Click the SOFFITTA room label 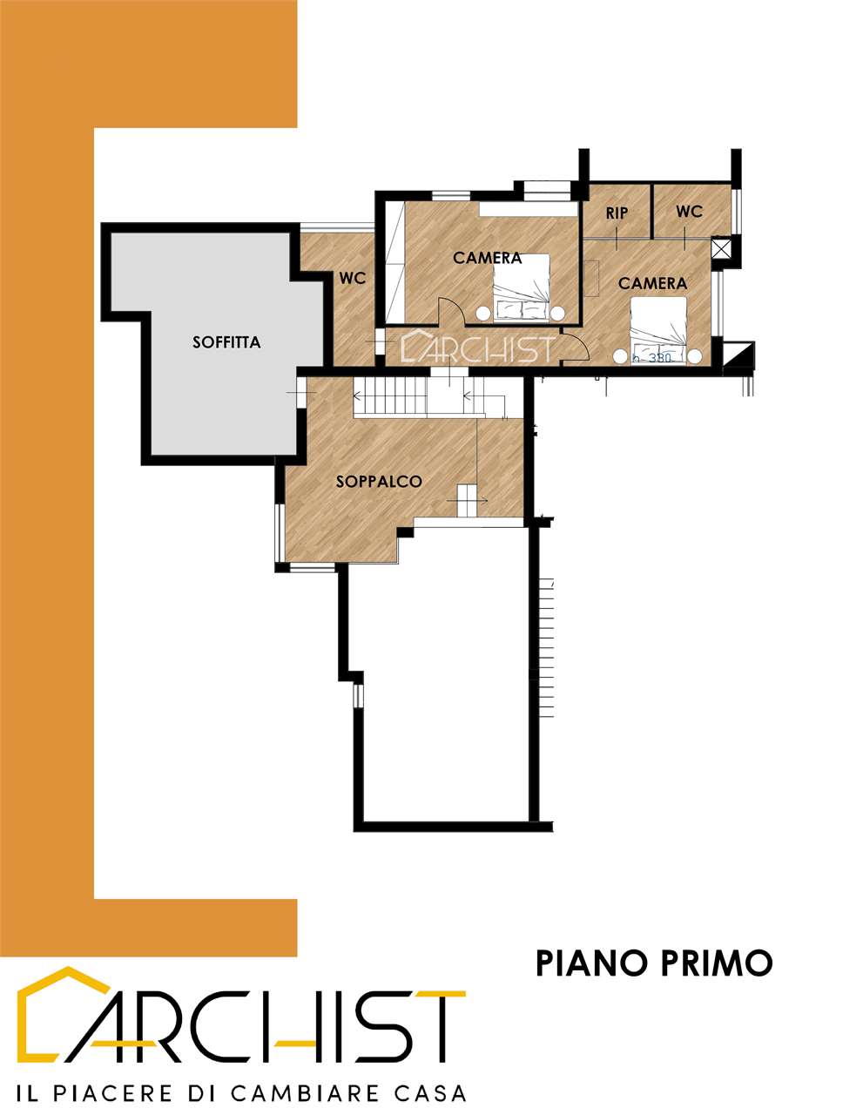point(226,342)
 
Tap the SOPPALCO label point(379,482)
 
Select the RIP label point(617,213)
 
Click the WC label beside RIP point(689,212)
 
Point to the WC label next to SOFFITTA point(353,278)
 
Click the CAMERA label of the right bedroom point(652,283)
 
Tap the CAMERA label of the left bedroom point(487,258)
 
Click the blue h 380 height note point(651,358)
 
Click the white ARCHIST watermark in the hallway point(477,347)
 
